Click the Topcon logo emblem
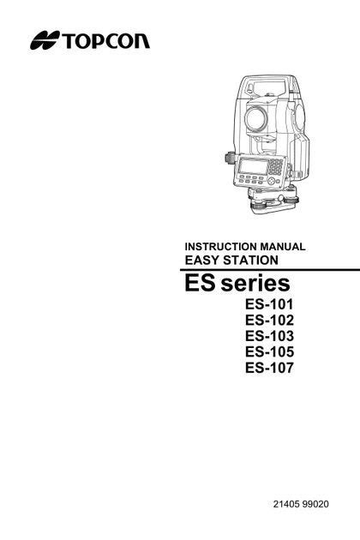pos(45,40)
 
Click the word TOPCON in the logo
pos(105,40)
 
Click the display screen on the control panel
pos(254,166)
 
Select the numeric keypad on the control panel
pos(276,167)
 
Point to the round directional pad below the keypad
pos(272,181)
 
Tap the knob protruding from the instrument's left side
pos(229,158)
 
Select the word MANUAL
pos(283,247)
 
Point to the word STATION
pos(250,260)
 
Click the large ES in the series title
pos(201,283)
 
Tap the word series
pos(255,284)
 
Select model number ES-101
pos(269,304)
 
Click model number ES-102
pos(269,320)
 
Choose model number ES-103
pos(269,336)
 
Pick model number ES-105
pos(269,351)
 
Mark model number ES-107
pos(269,368)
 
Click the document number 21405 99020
pos(301,504)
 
